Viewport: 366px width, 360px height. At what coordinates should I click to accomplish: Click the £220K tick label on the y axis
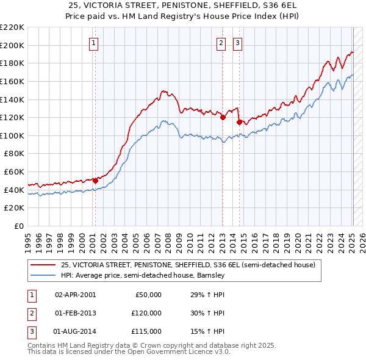coord(12,27)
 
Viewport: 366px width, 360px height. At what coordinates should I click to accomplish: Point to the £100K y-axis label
coord(12,135)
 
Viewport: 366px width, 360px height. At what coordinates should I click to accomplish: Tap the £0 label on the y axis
coord(18,226)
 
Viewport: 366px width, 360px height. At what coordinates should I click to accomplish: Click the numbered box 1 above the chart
coord(94,43)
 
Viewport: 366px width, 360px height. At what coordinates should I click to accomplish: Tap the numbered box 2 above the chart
coord(220,43)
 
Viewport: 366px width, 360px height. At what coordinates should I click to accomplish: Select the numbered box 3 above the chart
coord(237,43)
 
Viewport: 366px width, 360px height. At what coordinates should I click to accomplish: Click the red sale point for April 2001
coord(95,181)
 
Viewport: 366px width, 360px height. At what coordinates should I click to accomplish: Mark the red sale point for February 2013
coord(223,118)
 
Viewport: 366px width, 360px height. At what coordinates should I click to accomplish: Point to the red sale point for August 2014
coord(239,122)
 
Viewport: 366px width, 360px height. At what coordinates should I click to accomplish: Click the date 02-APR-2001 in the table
coord(75,295)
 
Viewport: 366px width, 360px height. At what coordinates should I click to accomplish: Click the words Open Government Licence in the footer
coord(174,352)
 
